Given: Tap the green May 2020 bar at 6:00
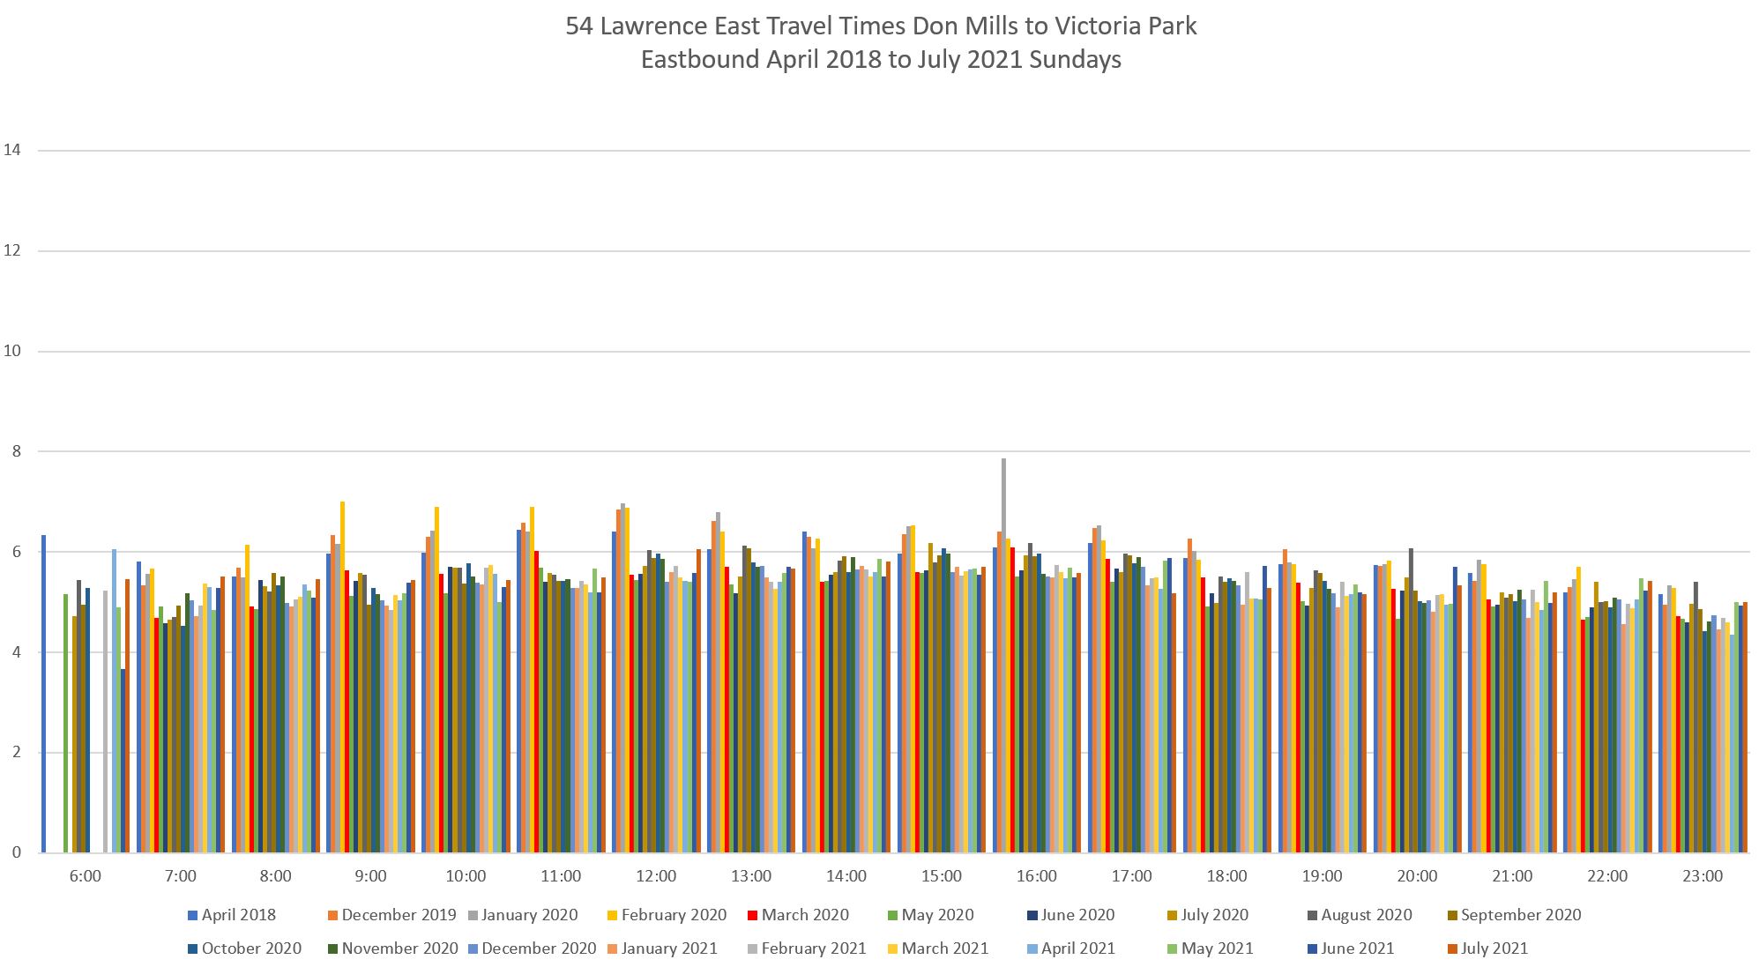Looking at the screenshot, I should coord(65,723).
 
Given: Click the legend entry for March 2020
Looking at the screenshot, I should coord(804,915).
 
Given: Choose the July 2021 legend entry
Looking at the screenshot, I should coord(1494,948).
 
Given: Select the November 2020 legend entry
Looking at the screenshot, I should coord(399,948).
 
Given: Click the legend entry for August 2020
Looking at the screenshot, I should coord(1366,915).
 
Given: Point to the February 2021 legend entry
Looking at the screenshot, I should coord(813,948).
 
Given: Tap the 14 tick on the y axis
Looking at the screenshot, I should coord(12,150).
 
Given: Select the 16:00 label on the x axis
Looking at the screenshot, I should coord(1036,876).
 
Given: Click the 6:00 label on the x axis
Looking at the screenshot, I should coord(85,876).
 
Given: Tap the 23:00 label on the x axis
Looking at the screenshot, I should coord(1702,876).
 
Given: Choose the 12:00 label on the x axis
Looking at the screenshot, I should coord(656,876).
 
